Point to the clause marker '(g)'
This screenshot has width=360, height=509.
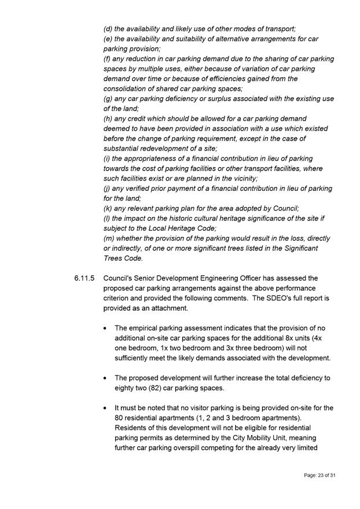(109, 98)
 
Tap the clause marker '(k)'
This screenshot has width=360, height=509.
(109, 208)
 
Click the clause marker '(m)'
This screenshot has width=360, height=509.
(110, 238)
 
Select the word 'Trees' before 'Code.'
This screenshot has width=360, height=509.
(113, 258)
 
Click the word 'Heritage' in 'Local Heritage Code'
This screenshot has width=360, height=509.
(183, 228)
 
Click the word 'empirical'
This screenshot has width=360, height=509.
(146, 328)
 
